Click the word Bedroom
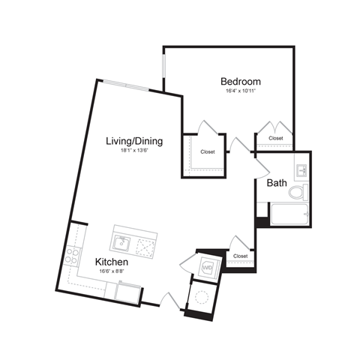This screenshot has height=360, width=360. [x=240, y=81]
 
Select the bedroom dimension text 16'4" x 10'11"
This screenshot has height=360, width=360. [x=241, y=91]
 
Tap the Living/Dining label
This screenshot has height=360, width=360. [x=134, y=140]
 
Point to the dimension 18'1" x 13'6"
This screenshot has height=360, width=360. [x=136, y=151]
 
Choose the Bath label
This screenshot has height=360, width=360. [x=276, y=182]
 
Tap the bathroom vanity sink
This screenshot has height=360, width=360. [x=301, y=172]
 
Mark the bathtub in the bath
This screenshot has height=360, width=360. [x=289, y=214]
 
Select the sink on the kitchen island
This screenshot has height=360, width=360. [x=122, y=242]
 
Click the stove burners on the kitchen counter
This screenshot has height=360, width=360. [x=73, y=255]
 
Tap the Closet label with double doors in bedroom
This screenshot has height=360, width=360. [x=275, y=139]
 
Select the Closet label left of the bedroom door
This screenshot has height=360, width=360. [x=207, y=152]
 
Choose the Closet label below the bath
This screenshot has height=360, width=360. [x=240, y=256]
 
